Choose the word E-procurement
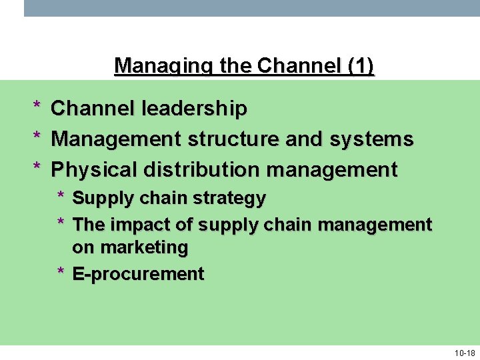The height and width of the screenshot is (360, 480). [138, 274]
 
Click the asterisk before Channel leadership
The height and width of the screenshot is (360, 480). [37, 107]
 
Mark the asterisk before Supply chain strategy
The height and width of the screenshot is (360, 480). [61, 198]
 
